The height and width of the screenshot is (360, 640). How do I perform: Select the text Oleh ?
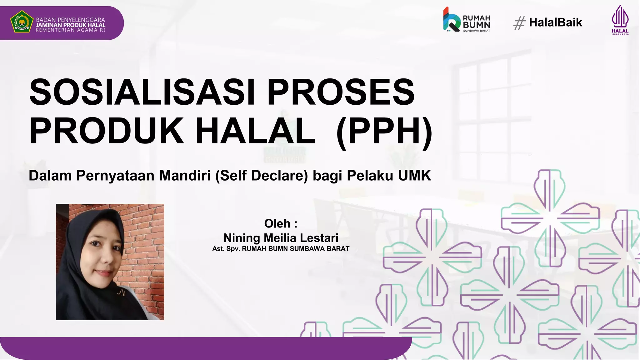(x=281, y=223)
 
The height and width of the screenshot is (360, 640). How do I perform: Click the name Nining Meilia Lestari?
(x=281, y=238)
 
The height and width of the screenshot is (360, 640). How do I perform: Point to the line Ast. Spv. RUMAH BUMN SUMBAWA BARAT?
(x=281, y=249)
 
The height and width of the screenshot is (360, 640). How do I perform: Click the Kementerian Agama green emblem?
(x=22, y=22)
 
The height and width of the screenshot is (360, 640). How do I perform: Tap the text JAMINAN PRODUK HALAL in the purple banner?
(x=71, y=25)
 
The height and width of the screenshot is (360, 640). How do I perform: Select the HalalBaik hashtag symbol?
(x=519, y=23)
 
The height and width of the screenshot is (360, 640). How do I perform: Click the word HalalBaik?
(x=555, y=22)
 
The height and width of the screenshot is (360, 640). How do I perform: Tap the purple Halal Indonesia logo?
(x=620, y=19)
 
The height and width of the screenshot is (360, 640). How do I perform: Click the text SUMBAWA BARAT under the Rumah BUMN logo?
(x=476, y=31)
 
